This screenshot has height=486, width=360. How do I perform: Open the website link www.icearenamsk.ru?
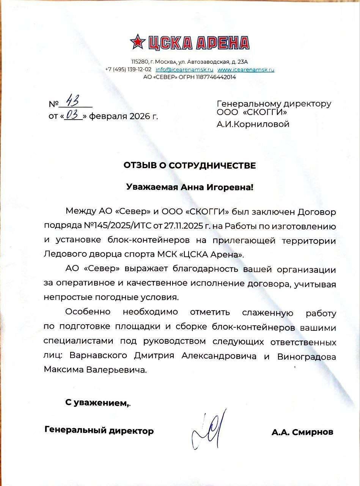pyautogui.click(x=245, y=69)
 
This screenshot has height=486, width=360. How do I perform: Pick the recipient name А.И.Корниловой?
pyautogui.click(x=253, y=124)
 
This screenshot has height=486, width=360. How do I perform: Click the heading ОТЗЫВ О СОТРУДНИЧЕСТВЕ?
pyautogui.click(x=190, y=166)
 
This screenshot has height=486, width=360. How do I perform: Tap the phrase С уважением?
pyautogui.click(x=96, y=403)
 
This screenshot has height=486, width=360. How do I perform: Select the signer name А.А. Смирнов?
pyautogui.click(x=302, y=432)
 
